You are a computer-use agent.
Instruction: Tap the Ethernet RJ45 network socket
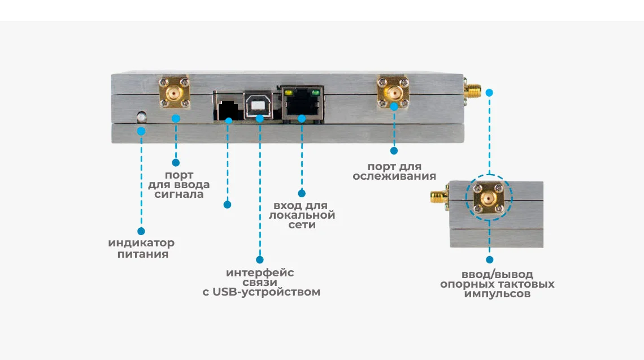302,103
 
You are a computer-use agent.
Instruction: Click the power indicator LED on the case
141,117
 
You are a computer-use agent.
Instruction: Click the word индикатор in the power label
141,243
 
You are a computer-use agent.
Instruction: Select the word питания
143,254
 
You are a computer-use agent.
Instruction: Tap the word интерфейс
260,272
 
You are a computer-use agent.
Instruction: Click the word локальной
302,215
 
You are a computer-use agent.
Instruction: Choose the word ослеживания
394,176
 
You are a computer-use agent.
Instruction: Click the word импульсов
497,294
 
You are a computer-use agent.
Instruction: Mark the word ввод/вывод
497,274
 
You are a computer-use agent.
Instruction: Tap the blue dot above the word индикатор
141,231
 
